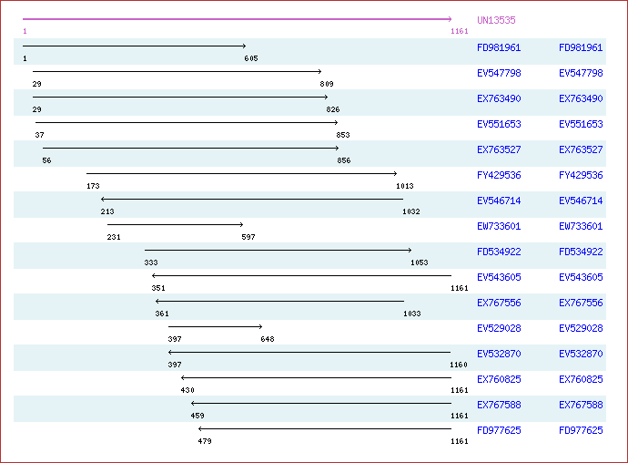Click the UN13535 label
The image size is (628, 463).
[496, 20]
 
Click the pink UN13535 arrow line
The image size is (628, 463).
[237, 19]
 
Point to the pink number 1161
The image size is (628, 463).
[460, 32]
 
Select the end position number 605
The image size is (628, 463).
[251, 58]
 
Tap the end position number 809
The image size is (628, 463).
[327, 84]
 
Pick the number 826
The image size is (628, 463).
[333, 109]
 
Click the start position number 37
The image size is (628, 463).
[39, 135]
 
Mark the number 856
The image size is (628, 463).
[344, 160]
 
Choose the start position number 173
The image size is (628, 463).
[93, 186]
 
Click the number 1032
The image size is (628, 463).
[410, 211]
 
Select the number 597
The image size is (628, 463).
[248, 237]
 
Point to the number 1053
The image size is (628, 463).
[419, 262]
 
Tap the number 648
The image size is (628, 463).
[268, 339]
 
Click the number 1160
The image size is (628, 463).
[460, 365]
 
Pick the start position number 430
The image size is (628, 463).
[187, 390]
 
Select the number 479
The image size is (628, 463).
[205, 441]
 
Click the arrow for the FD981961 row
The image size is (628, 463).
[134, 46]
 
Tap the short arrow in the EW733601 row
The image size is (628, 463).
[175, 224]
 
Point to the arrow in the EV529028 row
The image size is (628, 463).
[215, 326]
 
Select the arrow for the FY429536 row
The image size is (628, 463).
[241, 173]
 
